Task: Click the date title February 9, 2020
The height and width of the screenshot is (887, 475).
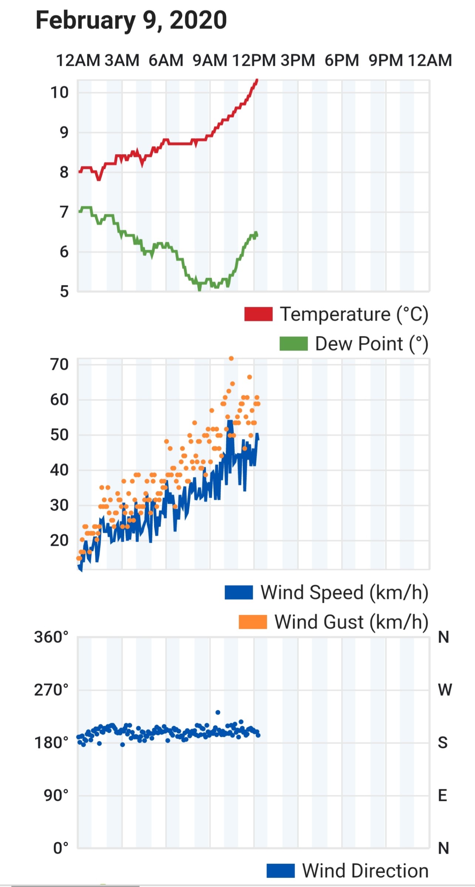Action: pyautogui.click(x=131, y=21)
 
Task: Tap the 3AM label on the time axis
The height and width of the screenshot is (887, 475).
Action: pyautogui.click(x=122, y=60)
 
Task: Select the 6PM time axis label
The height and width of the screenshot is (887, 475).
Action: pyautogui.click(x=342, y=60)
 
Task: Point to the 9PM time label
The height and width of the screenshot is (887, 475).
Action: pyautogui.click(x=386, y=60)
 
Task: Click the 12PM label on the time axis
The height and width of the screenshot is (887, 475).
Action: pyautogui.click(x=254, y=60)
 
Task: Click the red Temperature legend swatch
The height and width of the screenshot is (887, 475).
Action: pyautogui.click(x=258, y=314)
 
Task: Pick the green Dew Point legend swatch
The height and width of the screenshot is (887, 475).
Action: pyautogui.click(x=294, y=344)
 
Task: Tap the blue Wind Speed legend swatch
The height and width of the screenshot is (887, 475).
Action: pyautogui.click(x=239, y=592)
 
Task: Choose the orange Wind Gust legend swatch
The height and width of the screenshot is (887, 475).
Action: pyautogui.click(x=253, y=622)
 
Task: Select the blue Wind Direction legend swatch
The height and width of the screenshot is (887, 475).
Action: pyautogui.click(x=281, y=871)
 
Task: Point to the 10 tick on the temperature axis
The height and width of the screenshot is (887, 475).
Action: pyautogui.click(x=60, y=92)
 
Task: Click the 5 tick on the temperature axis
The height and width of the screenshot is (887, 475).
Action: pyautogui.click(x=64, y=292)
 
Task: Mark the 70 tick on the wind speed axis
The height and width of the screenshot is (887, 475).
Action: pyautogui.click(x=60, y=364)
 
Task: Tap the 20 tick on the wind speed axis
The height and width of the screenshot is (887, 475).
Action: pyautogui.click(x=60, y=541)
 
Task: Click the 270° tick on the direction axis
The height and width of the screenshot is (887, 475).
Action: pyautogui.click(x=51, y=690)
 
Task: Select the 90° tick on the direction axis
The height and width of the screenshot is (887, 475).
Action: pyautogui.click(x=56, y=795)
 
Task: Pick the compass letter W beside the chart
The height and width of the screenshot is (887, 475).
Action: pyautogui.click(x=445, y=690)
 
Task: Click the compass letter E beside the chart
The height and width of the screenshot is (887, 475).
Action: pyautogui.click(x=442, y=795)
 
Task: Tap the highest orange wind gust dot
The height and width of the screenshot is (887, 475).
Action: pyautogui.click(x=231, y=358)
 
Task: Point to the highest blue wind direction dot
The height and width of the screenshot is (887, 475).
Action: pyautogui.click(x=218, y=712)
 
